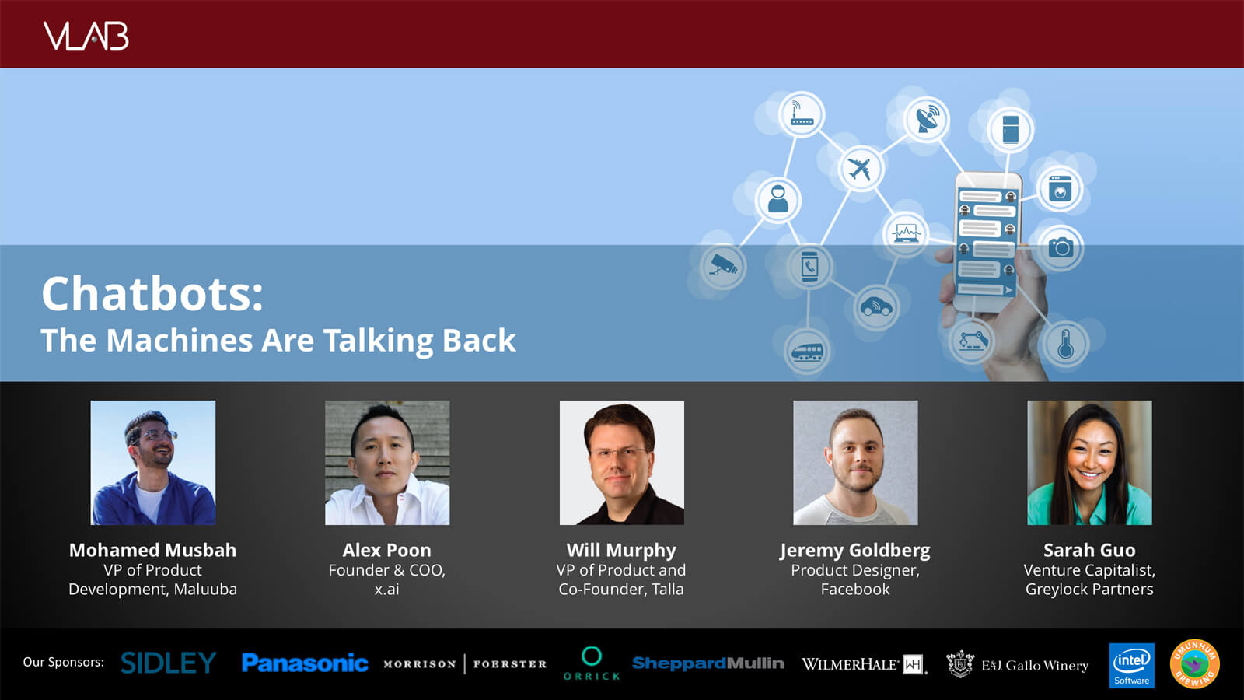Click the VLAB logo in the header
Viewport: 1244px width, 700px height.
tap(86, 36)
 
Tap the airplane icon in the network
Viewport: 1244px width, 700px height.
tap(860, 169)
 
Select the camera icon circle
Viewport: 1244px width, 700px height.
tap(1061, 247)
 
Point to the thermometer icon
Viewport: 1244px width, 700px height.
tap(1064, 345)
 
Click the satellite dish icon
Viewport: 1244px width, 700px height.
tap(926, 119)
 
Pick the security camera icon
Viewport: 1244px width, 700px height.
tap(722, 266)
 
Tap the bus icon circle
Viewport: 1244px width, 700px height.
tap(807, 351)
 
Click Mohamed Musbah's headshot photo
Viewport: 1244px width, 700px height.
tap(153, 463)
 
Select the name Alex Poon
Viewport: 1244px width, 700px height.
tap(386, 550)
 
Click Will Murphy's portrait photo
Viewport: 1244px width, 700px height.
tap(621, 463)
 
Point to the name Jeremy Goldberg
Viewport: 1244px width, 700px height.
tap(855, 551)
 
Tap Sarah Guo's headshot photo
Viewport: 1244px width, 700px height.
tap(1089, 463)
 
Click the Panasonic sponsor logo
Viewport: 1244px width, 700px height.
tap(305, 663)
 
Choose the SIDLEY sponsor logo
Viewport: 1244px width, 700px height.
tap(168, 663)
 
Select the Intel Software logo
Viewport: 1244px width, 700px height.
tap(1132, 666)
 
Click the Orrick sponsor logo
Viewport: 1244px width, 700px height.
tap(592, 664)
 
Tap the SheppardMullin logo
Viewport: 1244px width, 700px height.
tap(708, 663)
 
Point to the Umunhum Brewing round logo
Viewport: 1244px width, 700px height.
tap(1194, 664)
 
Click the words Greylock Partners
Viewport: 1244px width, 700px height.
tap(1089, 590)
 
